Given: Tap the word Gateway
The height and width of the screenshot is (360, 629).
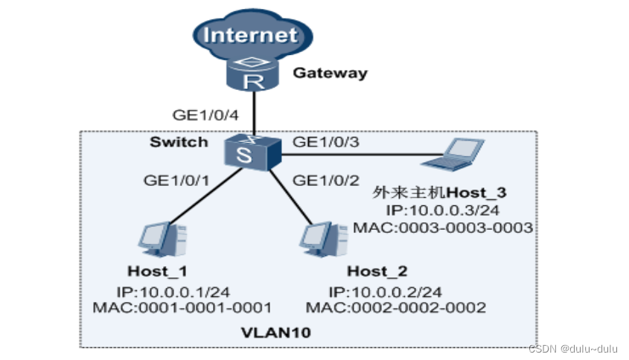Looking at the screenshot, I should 330,73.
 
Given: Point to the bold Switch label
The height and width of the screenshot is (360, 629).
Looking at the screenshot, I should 179,141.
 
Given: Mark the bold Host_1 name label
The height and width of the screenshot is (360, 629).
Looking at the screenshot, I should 158,271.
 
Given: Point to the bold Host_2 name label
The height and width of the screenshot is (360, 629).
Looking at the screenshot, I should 377,271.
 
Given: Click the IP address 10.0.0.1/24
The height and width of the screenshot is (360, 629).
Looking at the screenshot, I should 158,291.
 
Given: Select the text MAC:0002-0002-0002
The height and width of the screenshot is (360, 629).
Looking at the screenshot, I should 396,306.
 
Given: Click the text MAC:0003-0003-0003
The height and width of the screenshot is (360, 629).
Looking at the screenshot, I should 444,227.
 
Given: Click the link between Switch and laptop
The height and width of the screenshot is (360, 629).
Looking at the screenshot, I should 350,155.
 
